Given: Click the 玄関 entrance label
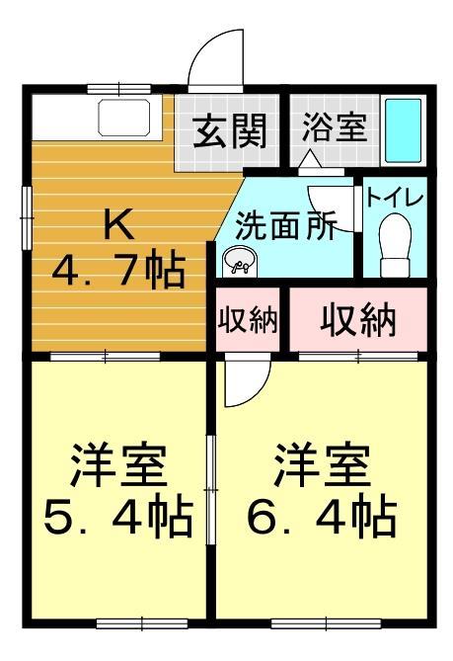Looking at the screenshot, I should pos(229,132).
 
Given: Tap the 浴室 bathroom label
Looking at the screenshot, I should pos(335,128).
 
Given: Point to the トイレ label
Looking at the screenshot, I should pos(395,196).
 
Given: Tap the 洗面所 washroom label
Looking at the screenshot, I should pos(285,226).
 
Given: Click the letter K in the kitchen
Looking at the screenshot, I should pos(118,225).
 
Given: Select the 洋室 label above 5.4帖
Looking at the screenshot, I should pos(116,462).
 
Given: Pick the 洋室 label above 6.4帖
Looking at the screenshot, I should pos(321,462).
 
